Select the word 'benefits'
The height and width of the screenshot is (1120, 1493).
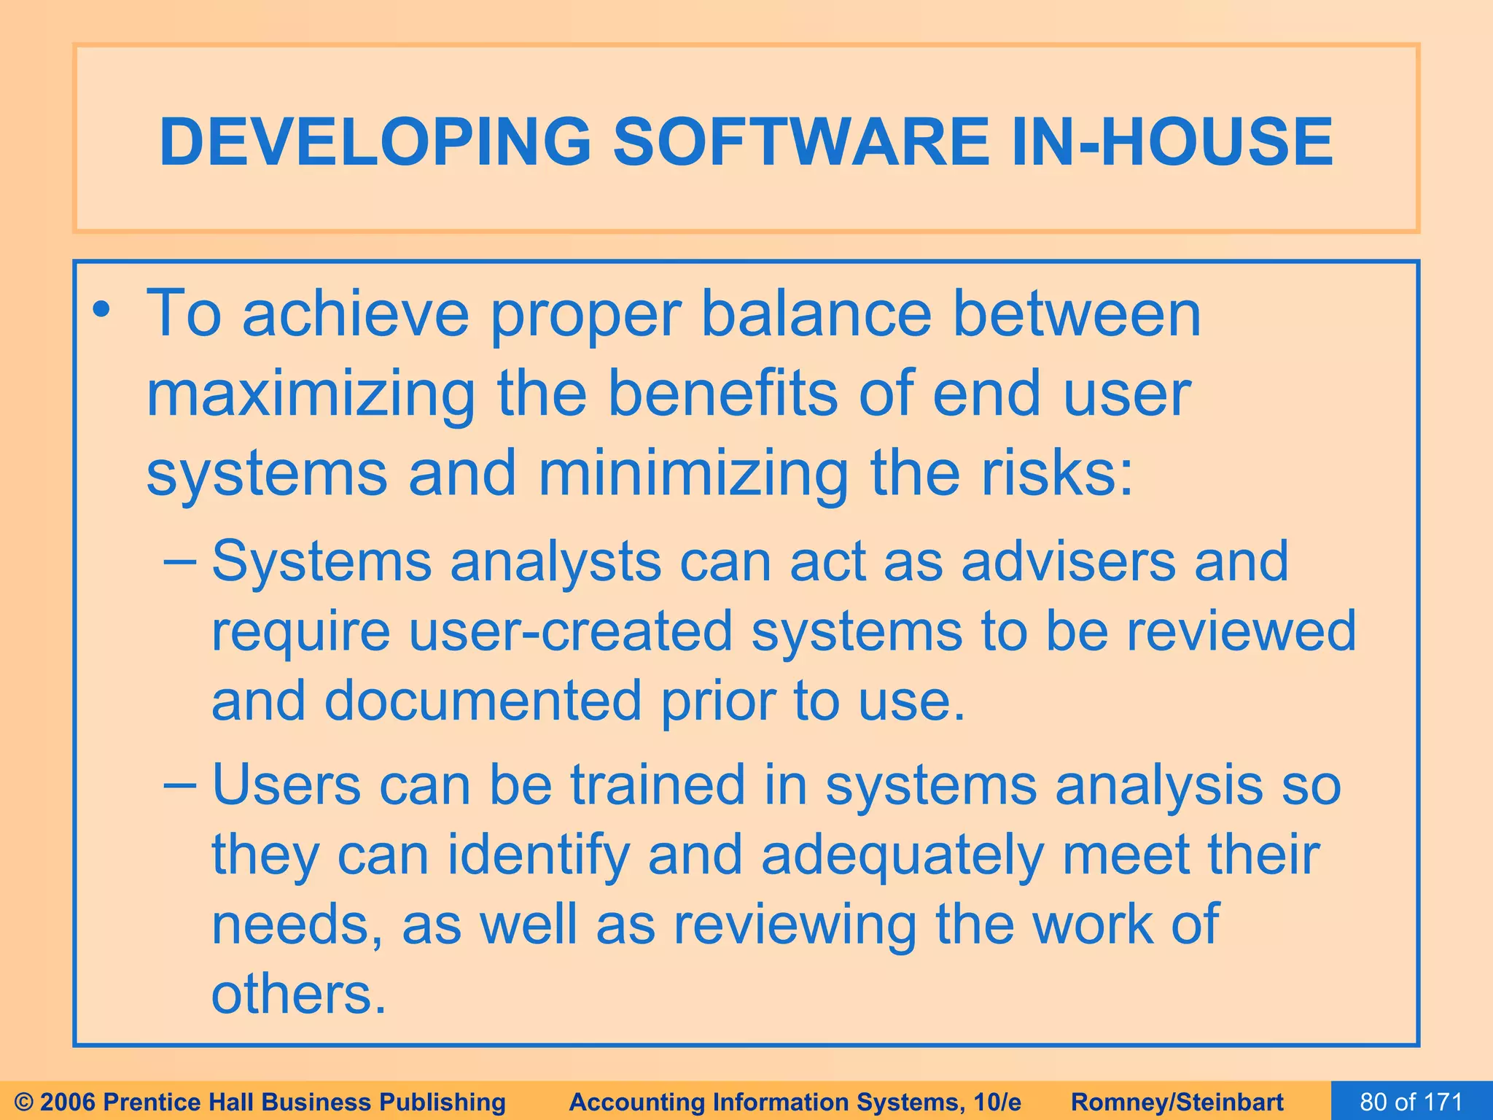click(722, 394)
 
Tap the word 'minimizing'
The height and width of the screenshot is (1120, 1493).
click(693, 474)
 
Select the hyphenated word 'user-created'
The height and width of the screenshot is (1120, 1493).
click(570, 631)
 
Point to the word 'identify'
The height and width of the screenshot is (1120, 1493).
click(538, 856)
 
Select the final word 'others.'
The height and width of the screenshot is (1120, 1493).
click(298, 995)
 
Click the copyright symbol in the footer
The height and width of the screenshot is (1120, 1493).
click(24, 1102)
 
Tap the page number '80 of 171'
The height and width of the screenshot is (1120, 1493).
click(1411, 1102)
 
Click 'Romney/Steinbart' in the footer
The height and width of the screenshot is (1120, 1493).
click(1177, 1102)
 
